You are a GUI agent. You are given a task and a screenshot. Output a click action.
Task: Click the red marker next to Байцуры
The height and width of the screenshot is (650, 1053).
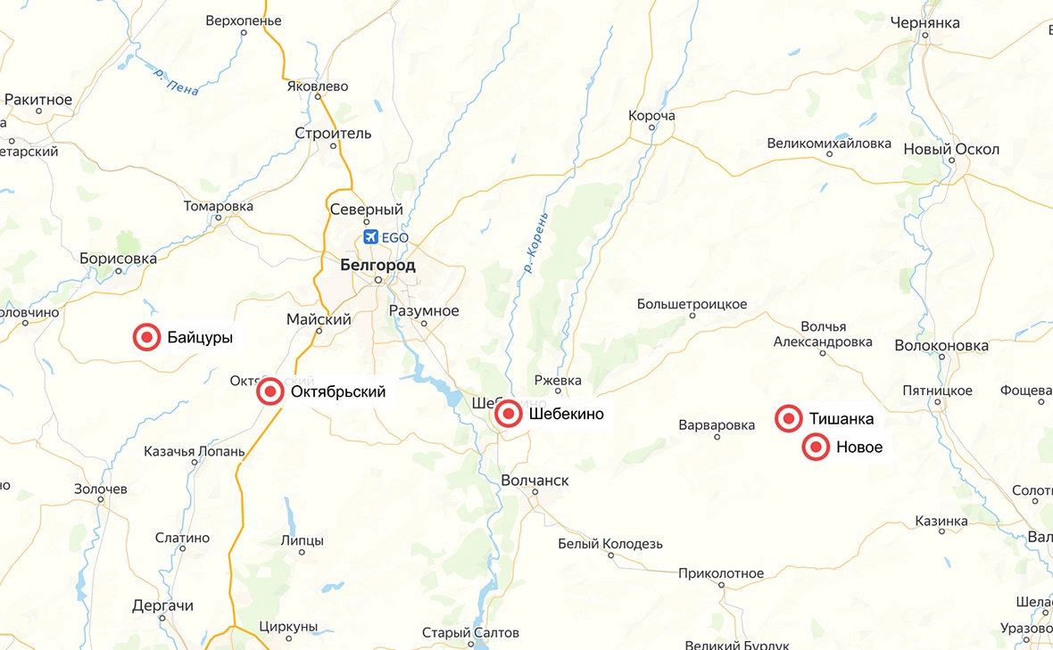click(146, 338)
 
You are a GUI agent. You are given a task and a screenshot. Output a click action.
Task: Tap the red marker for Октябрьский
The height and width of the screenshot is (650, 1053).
click(269, 391)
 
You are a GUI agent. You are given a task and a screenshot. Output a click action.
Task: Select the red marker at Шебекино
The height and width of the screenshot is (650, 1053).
click(508, 414)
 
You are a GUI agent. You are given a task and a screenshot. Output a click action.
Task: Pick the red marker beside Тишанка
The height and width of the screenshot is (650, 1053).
click(788, 418)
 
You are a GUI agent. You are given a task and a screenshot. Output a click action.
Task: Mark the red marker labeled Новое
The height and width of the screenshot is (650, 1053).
click(815, 448)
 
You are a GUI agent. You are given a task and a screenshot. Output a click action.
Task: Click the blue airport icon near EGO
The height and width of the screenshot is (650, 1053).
click(371, 237)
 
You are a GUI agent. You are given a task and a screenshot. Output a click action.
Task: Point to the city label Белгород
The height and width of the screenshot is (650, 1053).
click(377, 265)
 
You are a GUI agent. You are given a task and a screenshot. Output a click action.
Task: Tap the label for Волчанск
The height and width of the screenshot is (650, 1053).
click(535, 481)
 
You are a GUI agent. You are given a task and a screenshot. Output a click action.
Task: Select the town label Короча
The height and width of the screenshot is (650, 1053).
click(651, 116)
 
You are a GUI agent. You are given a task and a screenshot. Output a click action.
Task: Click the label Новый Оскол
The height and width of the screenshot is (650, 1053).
click(951, 149)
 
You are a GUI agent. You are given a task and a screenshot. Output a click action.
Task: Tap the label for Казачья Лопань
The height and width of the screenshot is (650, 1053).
click(194, 451)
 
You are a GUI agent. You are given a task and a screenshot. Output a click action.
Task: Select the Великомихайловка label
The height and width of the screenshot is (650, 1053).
click(829, 143)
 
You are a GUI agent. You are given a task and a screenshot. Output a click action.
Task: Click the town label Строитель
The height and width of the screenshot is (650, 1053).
click(333, 133)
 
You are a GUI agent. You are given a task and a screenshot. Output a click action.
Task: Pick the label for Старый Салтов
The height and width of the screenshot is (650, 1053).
click(470, 632)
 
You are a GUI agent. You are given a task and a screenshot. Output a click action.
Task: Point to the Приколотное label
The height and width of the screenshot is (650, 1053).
click(721, 573)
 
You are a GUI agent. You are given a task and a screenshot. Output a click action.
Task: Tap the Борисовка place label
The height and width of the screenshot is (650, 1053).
click(118, 259)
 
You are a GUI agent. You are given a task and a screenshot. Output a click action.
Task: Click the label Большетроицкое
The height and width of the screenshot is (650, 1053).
click(692, 304)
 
